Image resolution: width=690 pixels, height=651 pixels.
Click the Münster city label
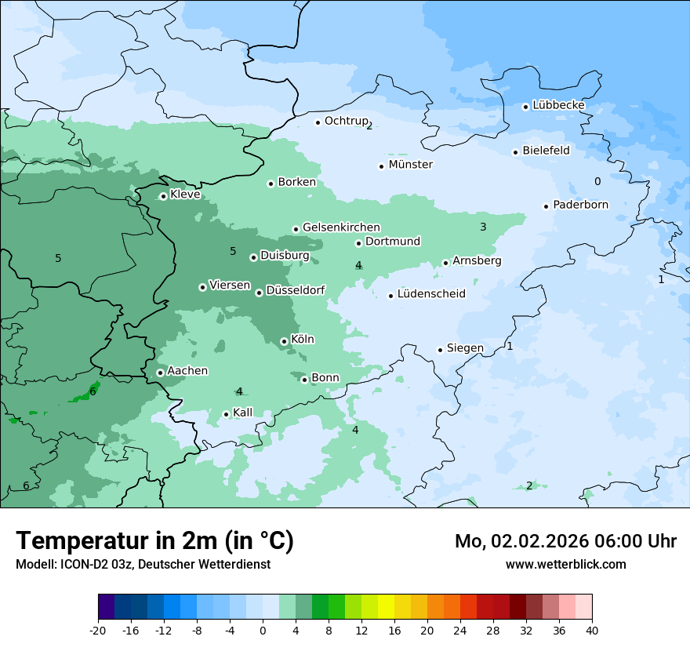pyautogui.click(x=410, y=165)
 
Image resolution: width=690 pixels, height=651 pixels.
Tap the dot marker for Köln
pyautogui.click(x=284, y=341)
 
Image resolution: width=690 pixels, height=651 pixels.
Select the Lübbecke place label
pyautogui.click(x=558, y=105)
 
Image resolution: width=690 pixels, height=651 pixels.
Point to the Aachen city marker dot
pyautogui.click(x=160, y=373)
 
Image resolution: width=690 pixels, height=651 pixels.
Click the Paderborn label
pyautogui.click(x=580, y=205)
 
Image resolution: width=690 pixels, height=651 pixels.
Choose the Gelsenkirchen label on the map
pyautogui.click(x=341, y=227)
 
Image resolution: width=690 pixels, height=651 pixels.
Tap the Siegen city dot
pyautogui.click(x=441, y=350)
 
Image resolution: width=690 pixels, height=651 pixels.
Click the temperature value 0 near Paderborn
pyautogui.click(x=597, y=181)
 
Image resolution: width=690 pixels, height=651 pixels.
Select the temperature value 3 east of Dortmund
pyautogui.click(x=483, y=227)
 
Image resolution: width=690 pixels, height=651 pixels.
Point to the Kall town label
pyautogui.click(x=243, y=413)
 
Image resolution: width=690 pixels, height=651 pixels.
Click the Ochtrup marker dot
pyautogui.click(x=318, y=122)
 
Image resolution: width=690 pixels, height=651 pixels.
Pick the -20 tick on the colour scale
pyautogui.click(x=98, y=630)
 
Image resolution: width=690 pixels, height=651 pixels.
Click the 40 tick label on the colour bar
pyautogui.click(x=592, y=630)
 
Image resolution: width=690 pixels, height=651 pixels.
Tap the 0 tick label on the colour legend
pyautogui.click(x=263, y=630)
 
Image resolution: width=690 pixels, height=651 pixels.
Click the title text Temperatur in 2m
pyautogui.click(x=154, y=540)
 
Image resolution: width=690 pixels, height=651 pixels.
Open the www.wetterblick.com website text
pyautogui.click(x=565, y=564)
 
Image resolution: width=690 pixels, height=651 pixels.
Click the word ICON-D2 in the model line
pyautogui.click(x=82, y=564)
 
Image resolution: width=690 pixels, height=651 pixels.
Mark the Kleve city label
pyautogui.click(x=185, y=195)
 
